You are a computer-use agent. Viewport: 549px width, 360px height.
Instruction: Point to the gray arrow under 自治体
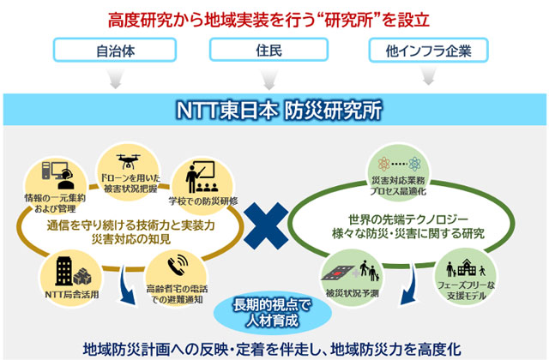tap(112, 81)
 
